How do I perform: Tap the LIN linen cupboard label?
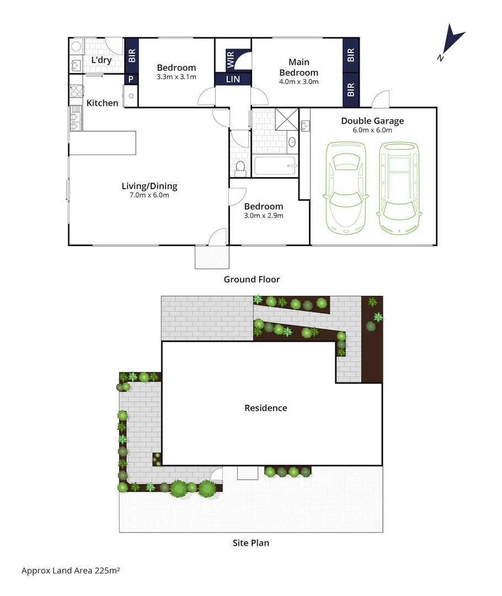click(x=233, y=80)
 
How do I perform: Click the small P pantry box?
click(x=131, y=79)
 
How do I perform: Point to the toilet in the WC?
click(x=240, y=166)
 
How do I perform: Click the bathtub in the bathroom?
click(x=275, y=166)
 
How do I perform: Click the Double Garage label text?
click(x=372, y=121)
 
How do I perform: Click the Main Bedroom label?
click(x=298, y=67)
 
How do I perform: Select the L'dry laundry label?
click(x=102, y=60)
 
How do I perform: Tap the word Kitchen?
click(x=103, y=103)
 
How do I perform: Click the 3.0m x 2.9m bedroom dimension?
click(x=264, y=215)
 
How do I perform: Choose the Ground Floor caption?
click(x=252, y=279)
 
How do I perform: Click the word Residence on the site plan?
click(x=266, y=408)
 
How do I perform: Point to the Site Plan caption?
click(x=251, y=543)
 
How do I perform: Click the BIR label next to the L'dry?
click(x=132, y=55)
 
